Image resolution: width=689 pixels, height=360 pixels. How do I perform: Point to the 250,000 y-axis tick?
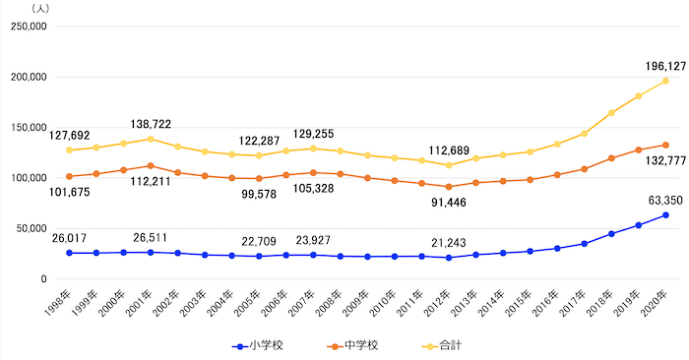pos(28,27)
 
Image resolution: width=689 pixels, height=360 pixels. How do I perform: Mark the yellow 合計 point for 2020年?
pos(665,81)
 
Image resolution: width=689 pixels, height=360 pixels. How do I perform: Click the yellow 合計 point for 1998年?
pos(69,150)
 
